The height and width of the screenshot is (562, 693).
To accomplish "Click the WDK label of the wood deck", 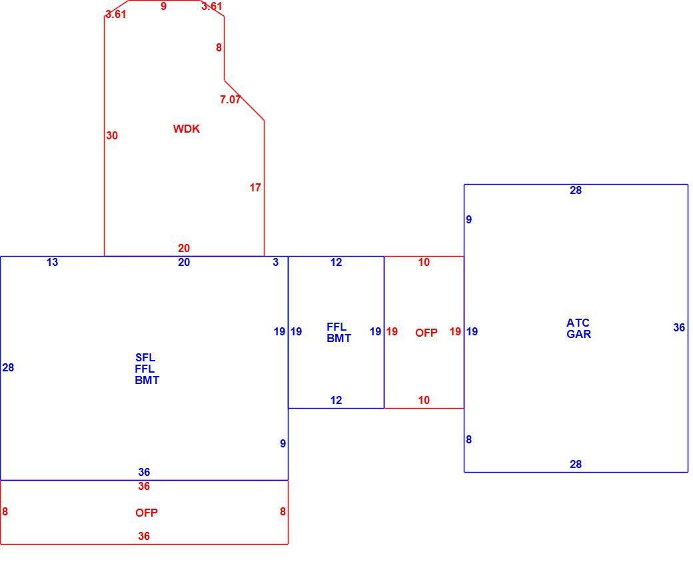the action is (186, 129).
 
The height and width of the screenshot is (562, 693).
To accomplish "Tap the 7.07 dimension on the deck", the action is (231, 99).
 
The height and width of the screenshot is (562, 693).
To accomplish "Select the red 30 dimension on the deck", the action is (112, 135).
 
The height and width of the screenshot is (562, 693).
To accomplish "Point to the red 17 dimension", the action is (255, 187).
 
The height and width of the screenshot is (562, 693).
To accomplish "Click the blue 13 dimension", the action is (52, 262).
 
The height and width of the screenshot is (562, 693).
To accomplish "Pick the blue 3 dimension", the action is (276, 262).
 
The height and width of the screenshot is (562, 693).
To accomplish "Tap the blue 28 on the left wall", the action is (8, 367).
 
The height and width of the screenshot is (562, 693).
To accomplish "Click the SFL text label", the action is (145, 357).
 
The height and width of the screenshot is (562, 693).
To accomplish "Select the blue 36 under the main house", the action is (144, 472).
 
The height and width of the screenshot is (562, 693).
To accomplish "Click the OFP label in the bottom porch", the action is (147, 513).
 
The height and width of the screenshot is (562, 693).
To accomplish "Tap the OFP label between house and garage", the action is (426, 333).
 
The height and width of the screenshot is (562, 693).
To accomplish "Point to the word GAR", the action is (578, 334).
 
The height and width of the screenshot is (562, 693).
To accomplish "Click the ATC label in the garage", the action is (578, 323).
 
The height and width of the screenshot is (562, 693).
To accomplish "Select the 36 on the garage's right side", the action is (679, 327).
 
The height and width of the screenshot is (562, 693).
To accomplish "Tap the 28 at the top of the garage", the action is (576, 190).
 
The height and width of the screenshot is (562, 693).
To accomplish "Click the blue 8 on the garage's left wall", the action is (469, 439).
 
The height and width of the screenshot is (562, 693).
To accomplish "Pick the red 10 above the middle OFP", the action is (424, 262).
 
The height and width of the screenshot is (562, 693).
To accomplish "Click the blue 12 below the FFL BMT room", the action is (336, 400).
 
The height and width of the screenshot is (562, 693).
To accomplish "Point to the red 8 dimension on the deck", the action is (219, 47).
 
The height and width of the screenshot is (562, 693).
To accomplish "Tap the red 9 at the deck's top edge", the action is (163, 6).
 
